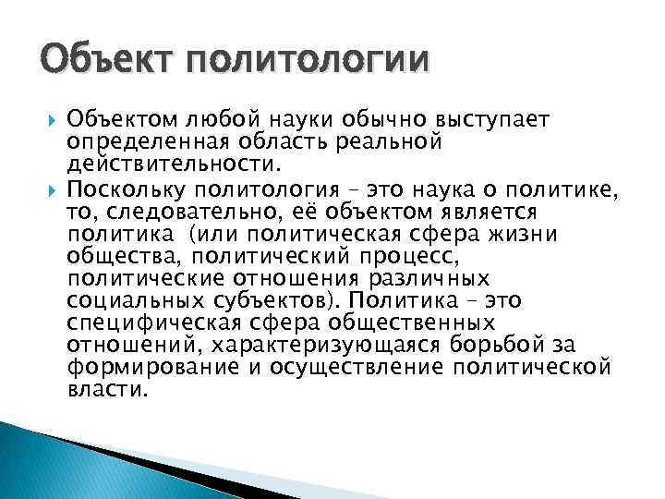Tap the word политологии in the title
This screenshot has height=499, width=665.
(306, 63)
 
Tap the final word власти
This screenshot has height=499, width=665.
(107, 389)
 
